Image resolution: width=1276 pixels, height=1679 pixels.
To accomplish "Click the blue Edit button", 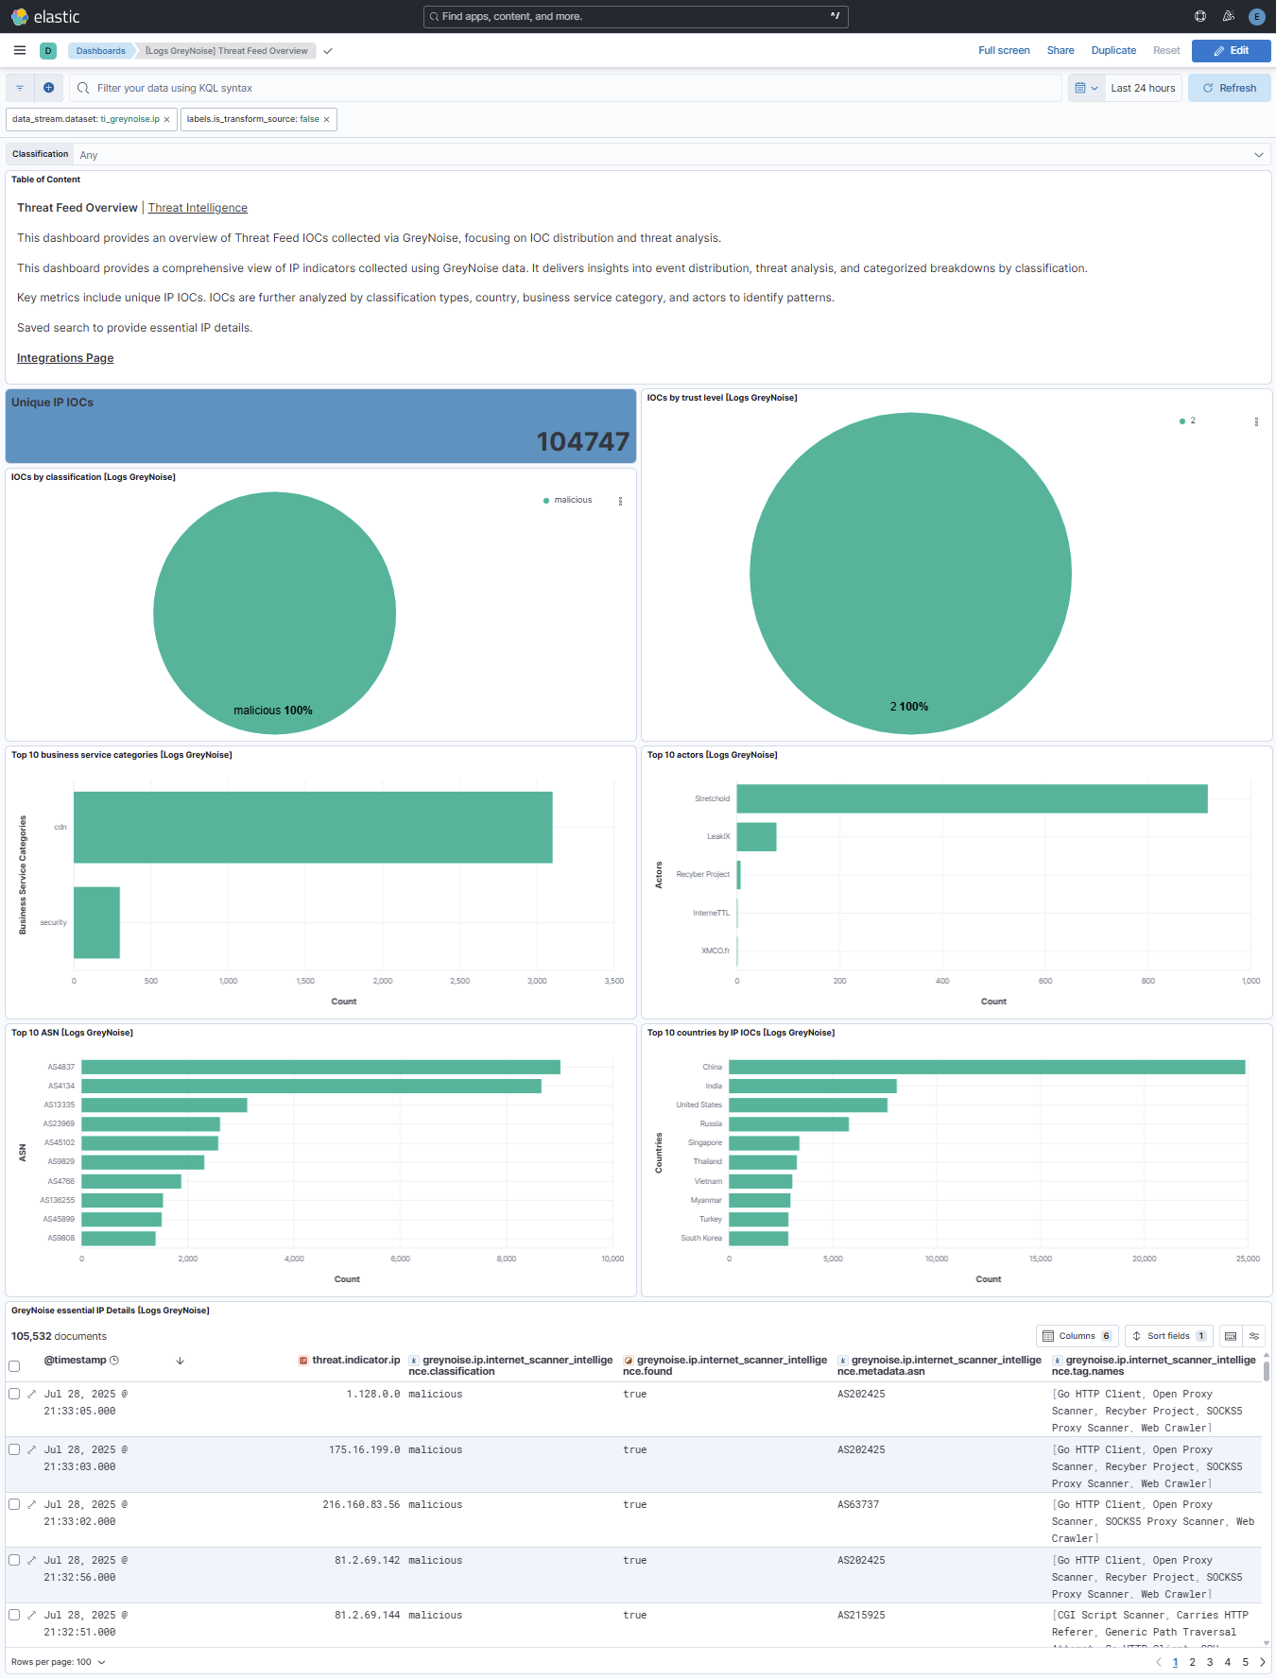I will tap(1231, 51).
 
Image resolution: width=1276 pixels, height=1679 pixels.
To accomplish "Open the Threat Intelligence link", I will tap(198, 208).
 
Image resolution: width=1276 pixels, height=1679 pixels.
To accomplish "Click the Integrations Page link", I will tap(65, 358).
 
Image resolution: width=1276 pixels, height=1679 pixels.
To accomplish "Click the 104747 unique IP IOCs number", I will tap(582, 441).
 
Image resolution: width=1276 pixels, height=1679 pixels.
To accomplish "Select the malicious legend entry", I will tap(572, 500).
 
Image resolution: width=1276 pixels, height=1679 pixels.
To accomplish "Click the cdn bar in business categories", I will tap(313, 827).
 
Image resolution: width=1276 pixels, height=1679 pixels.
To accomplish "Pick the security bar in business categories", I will tap(96, 922).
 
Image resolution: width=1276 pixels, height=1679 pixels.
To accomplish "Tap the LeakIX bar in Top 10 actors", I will tap(756, 836).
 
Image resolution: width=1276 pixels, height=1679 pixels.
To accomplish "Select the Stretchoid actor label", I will tap(712, 798).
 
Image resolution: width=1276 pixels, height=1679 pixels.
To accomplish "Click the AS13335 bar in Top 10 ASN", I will tap(164, 1105).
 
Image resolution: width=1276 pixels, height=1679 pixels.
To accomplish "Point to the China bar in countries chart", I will tap(986, 1067).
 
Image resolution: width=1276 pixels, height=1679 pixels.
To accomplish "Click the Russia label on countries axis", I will tap(711, 1123).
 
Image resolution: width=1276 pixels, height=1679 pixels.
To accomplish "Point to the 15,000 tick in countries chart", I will tap(1040, 1259).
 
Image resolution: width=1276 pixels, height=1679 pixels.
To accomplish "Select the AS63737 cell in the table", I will tap(858, 1504).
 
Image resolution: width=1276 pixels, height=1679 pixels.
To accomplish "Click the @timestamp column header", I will tap(76, 1361).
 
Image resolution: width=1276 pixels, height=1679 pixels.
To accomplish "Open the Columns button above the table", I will tap(1077, 1336).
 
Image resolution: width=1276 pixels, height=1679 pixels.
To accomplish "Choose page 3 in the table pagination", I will tap(1210, 1662).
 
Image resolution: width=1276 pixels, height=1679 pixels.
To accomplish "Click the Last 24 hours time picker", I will tap(1143, 88).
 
